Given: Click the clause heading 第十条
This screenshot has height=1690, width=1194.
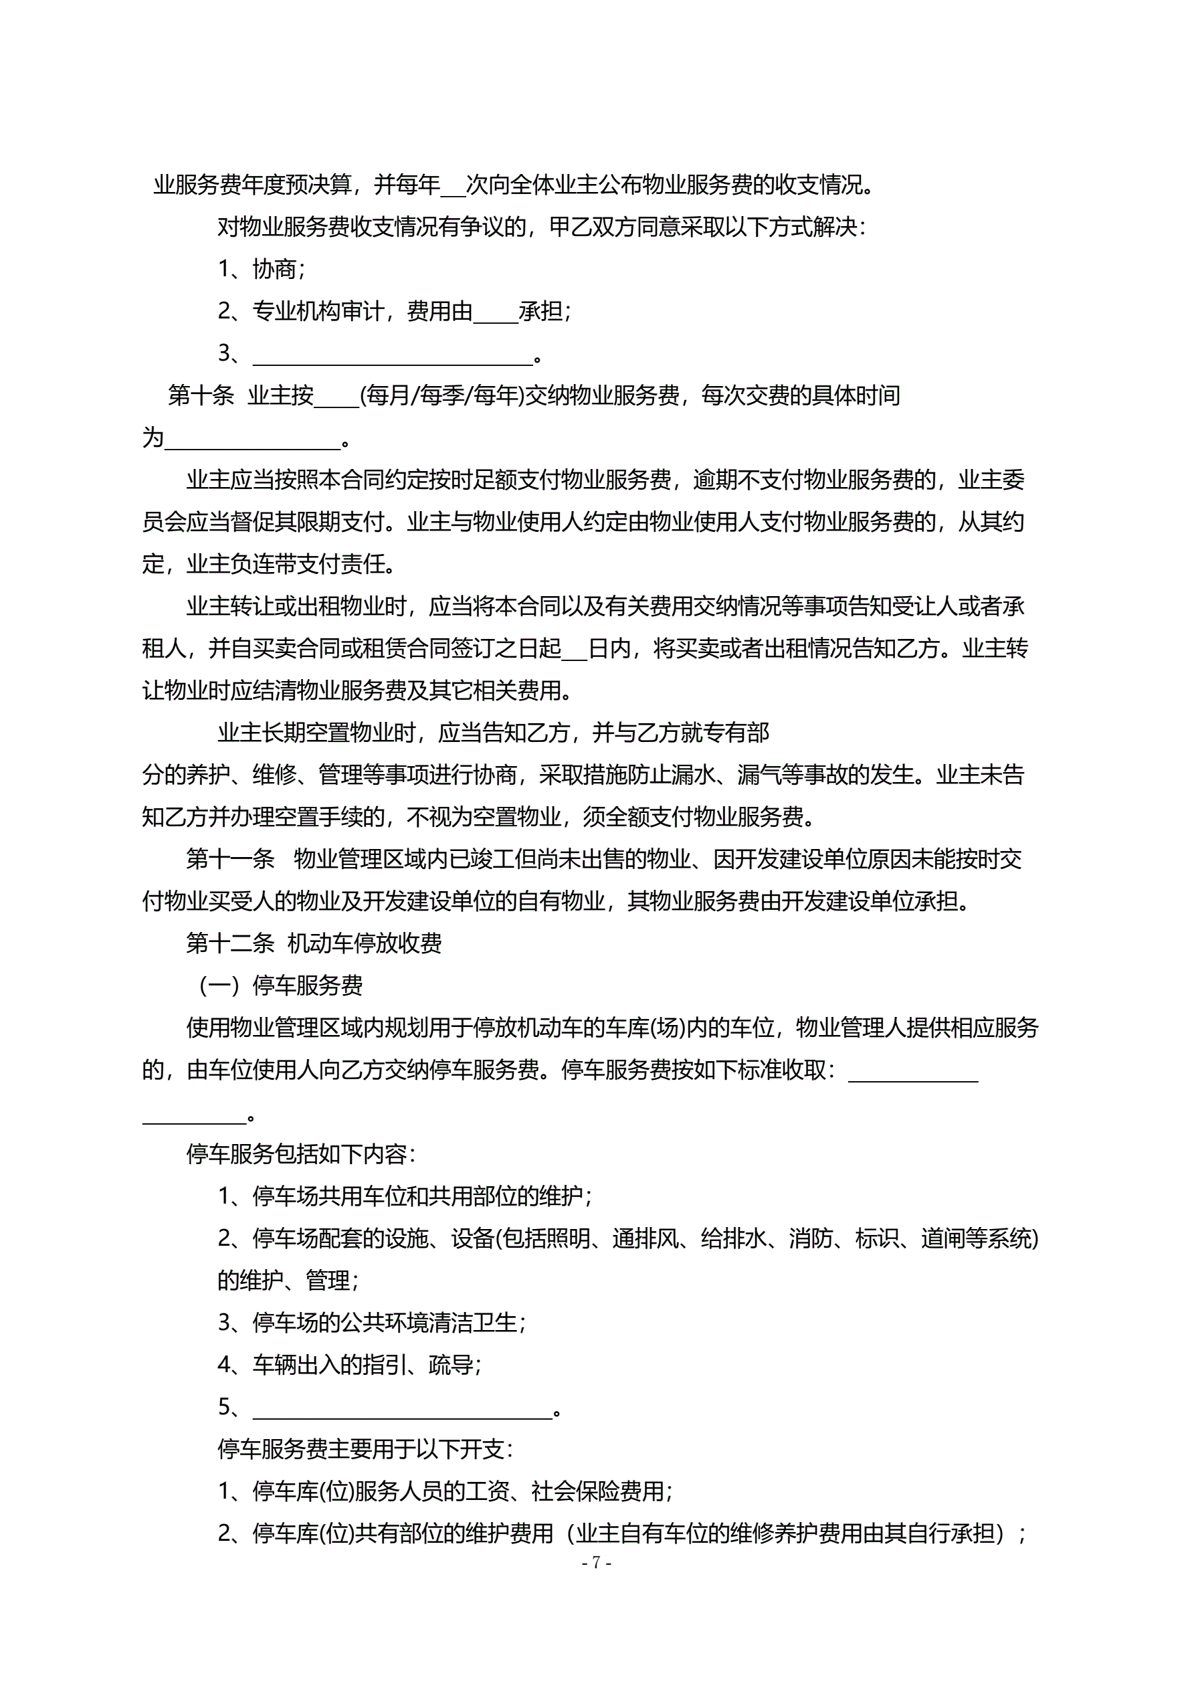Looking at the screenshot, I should [200, 396].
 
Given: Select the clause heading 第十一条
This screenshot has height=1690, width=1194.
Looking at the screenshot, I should [229, 859].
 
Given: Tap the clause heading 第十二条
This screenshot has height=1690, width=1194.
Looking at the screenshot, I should [229, 943].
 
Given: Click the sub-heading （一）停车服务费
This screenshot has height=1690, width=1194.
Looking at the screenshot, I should [281, 985].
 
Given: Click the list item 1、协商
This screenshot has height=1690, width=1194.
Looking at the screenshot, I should [262, 270].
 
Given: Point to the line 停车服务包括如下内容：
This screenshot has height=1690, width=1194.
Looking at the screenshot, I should [300, 1154].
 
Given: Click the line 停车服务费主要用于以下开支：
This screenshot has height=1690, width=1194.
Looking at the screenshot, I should [365, 1449].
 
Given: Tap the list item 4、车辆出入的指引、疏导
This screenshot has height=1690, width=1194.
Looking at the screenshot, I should [350, 1366].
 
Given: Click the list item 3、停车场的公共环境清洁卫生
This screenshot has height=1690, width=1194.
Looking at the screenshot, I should [372, 1323].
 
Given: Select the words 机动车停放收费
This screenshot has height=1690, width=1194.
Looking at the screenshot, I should [365, 943].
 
